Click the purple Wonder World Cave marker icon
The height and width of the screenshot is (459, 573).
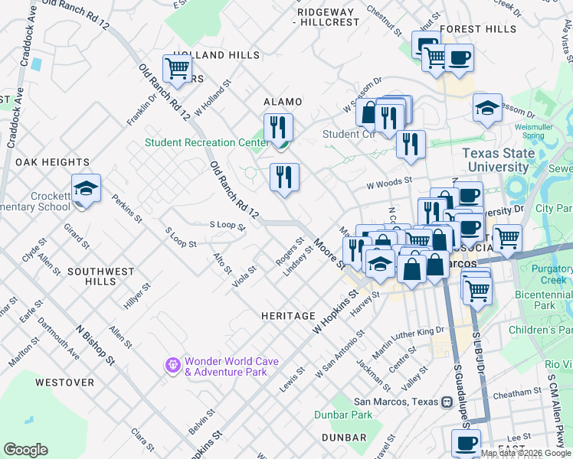[172, 366]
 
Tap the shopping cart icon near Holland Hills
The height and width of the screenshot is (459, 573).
[177, 69]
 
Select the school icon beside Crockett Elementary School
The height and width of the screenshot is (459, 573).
[86, 188]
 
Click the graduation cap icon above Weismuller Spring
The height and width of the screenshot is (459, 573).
[487, 108]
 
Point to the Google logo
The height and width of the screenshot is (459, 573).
[25, 450]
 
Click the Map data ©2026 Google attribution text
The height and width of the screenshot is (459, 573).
[526, 453]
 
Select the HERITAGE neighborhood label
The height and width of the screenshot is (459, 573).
[288, 316]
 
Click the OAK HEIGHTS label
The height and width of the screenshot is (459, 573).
[52, 162]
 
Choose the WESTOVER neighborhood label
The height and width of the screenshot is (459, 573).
[64, 382]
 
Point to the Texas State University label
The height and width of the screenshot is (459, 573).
[499, 160]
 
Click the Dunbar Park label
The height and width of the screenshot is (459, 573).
[343, 415]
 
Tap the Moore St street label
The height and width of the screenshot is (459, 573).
[330, 254]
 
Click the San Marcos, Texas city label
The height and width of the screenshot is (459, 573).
[395, 402]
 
